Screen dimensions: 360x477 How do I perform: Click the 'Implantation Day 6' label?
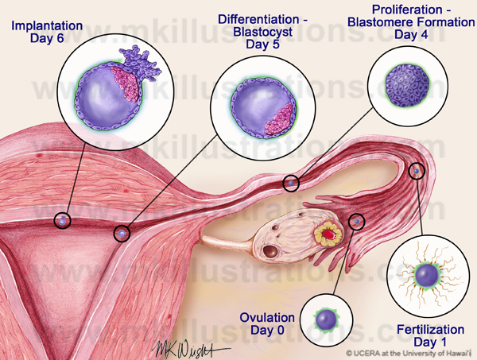[x=47, y=33]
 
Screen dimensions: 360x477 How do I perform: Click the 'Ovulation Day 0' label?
[x=267, y=323]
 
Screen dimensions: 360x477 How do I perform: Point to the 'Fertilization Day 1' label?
[x=430, y=334]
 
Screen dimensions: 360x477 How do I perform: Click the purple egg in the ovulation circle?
[x=326, y=319]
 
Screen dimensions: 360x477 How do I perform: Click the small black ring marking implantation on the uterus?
[x=62, y=220]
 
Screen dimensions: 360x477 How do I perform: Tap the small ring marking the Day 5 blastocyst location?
[x=122, y=234]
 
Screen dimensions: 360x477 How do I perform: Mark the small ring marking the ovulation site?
[x=357, y=220]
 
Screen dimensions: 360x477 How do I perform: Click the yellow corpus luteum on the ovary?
[x=325, y=235]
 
